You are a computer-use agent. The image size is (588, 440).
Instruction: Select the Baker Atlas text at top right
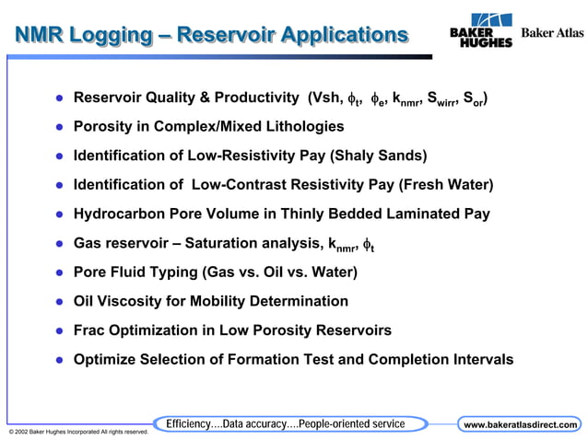[x=552, y=32]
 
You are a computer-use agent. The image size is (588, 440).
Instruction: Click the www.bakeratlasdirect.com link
[x=520, y=424]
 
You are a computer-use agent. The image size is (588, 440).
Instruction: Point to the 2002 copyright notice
[x=77, y=431]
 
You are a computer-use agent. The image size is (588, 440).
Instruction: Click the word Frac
[x=90, y=330]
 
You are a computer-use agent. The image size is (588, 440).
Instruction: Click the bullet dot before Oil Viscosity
[x=57, y=302]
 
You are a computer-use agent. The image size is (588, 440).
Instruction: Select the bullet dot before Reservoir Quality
[x=57, y=98]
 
